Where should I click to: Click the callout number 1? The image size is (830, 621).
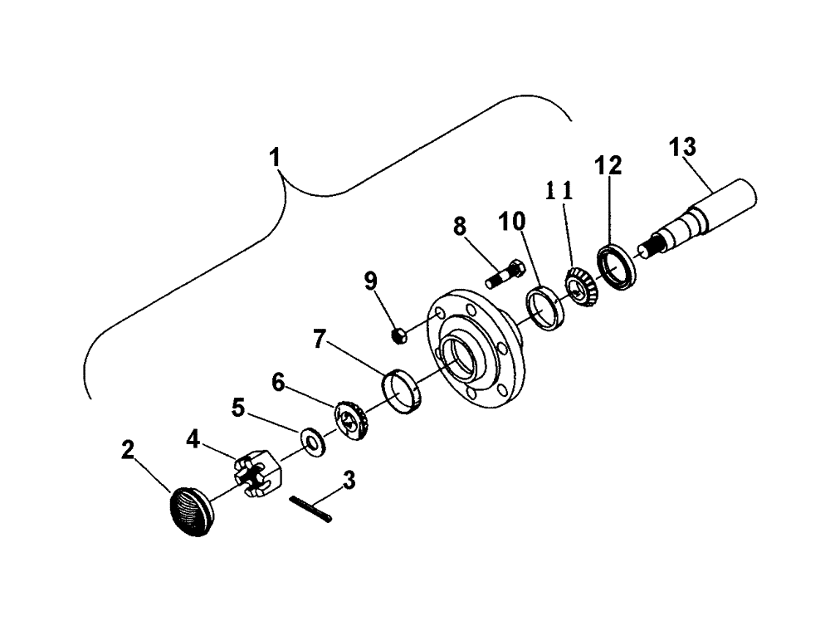point(275,157)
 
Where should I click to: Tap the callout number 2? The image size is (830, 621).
point(127,451)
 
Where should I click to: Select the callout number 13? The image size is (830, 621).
point(684,147)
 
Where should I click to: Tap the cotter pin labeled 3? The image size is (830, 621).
point(311,509)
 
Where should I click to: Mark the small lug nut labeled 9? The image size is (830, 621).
point(398,335)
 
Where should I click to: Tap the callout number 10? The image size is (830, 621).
point(512,223)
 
